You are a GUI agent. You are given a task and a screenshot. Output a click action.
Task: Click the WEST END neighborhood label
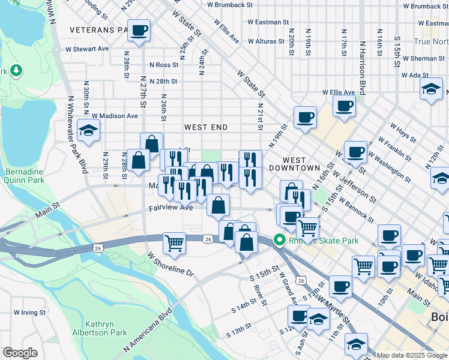[x=205, y=127]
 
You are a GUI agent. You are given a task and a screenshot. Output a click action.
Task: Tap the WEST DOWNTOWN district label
[x=294, y=164]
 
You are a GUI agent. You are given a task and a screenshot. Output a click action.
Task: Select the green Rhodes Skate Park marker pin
[x=279, y=241]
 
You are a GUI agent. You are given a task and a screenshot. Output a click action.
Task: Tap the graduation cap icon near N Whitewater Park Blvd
[x=88, y=131]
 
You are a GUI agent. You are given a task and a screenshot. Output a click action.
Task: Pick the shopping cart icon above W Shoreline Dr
[x=174, y=244]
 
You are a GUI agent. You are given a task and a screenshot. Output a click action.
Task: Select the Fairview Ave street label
[x=171, y=208]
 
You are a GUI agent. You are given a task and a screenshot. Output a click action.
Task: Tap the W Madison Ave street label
[x=115, y=116]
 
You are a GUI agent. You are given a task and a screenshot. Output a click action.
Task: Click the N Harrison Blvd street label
[x=362, y=68]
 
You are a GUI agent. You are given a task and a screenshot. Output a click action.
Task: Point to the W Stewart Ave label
[x=87, y=49]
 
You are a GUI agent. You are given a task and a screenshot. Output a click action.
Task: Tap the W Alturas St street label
[x=264, y=41]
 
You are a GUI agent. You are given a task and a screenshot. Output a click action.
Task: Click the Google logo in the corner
[x=20, y=353]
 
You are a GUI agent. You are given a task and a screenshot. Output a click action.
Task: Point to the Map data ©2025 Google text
[x=411, y=355]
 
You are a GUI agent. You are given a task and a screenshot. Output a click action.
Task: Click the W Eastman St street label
[x=268, y=22]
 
